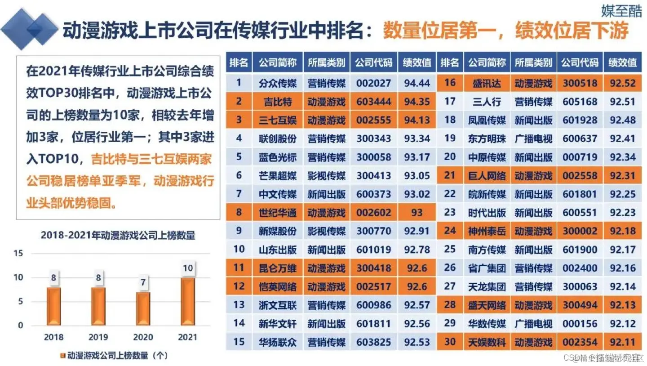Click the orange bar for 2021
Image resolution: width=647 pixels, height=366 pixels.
tap(188, 301)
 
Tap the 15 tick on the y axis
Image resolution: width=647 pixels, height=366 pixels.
tap(18, 254)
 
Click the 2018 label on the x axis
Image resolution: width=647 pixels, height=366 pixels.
tap(53, 337)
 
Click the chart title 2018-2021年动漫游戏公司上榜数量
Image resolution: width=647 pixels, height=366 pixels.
tap(118, 235)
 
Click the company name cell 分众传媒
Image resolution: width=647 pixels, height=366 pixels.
tap(278, 83)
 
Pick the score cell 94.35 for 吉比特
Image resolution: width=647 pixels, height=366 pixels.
tap(417, 101)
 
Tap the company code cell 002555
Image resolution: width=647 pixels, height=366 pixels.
tap(373, 120)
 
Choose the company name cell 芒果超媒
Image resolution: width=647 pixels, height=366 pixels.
tap(278, 175)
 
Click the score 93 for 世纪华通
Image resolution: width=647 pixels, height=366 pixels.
tap(417, 212)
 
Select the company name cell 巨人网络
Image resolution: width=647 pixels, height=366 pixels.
tap(487, 175)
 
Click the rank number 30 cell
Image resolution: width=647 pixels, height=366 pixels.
tap(450, 342)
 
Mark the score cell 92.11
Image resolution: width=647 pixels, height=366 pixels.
tap(623, 342)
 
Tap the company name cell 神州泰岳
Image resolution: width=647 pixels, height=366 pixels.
tap(487, 231)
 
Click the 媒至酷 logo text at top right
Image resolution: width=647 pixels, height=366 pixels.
tap(621, 11)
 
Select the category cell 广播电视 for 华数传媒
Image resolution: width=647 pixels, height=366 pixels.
tap(533, 323)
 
